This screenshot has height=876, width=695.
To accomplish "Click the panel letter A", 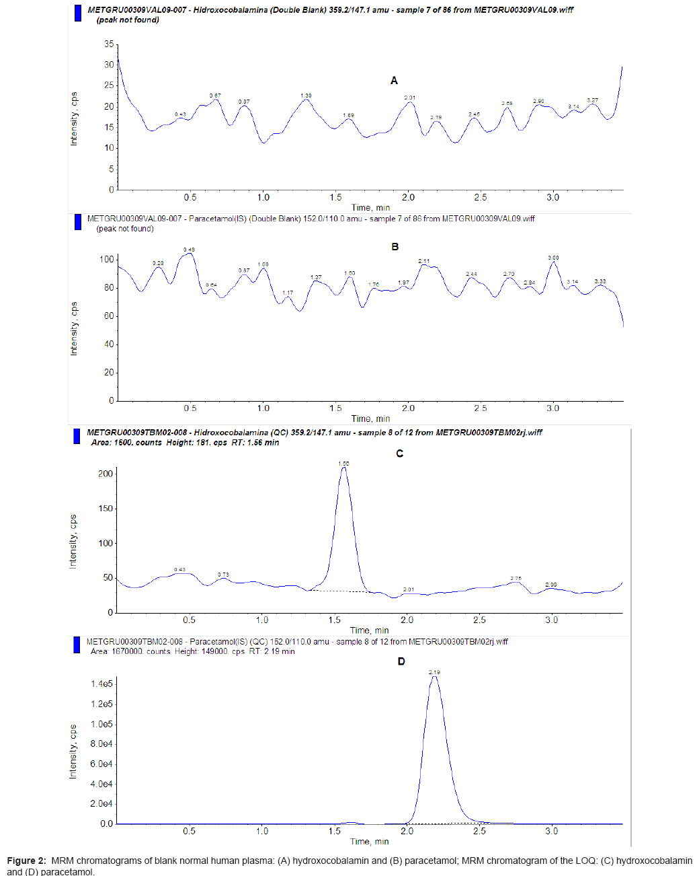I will click(x=394, y=81).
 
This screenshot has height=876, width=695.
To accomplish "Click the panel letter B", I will click(x=395, y=247).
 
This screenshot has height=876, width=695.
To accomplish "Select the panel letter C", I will click(x=399, y=453).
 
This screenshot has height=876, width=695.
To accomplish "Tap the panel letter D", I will click(x=401, y=661).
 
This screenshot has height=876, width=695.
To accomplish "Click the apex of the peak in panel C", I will click(x=344, y=468).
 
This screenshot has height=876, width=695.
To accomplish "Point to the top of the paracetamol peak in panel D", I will click(x=434, y=677).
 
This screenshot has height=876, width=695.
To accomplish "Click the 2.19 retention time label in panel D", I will click(x=434, y=672).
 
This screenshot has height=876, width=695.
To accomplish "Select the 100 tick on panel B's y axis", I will click(x=106, y=260).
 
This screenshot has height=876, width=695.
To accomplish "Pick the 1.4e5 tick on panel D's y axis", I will click(x=101, y=684).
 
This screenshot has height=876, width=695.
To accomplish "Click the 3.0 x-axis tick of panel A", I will click(x=553, y=198).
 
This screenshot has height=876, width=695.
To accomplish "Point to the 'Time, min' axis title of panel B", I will click(x=370, y=418).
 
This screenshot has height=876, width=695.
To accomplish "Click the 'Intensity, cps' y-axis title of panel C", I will click(x=73, y=542).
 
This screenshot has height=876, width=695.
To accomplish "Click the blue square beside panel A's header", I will click(x=77, y=13).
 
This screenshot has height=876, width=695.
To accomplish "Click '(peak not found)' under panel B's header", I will click(x=125, y=229).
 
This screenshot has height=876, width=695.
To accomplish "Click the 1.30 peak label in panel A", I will click(x=306, y=96).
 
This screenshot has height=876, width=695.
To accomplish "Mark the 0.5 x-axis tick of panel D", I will click(x=190, y=832).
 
